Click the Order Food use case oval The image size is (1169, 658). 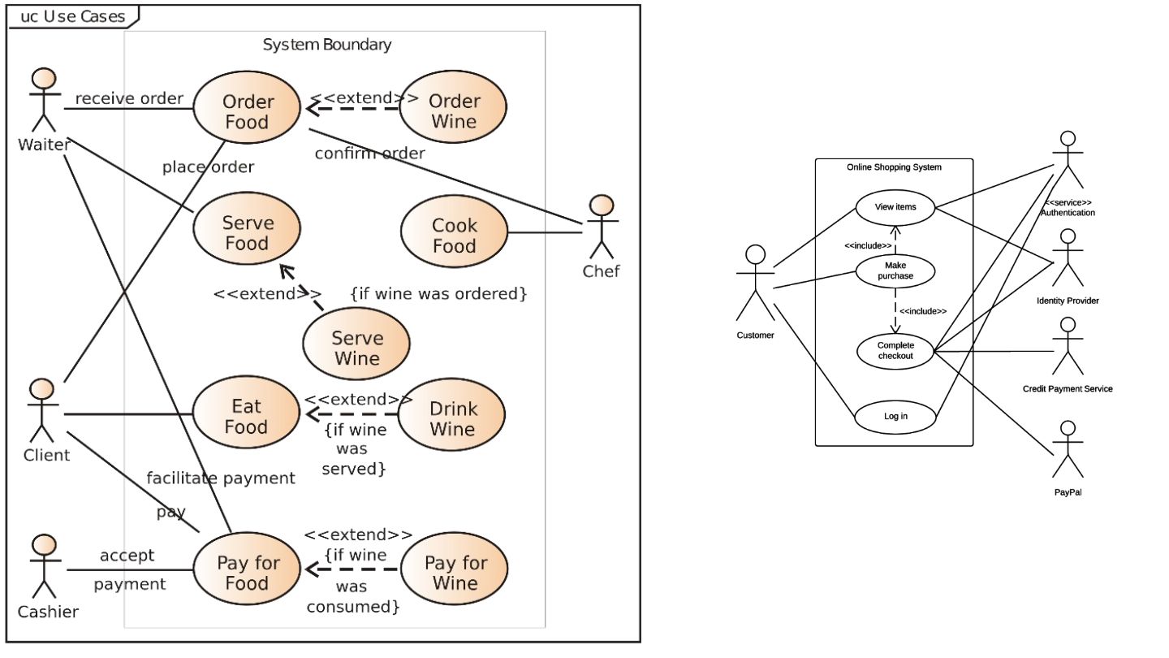tap(247, 107)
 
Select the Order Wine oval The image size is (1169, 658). tap(453, 107)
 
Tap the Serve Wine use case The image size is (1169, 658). tap(356, 344)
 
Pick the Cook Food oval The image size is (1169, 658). tap(454, 232)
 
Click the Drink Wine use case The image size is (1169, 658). tap(452, 414)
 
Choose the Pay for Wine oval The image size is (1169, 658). tap(455, 569)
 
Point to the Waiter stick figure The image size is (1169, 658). tap(45, 100)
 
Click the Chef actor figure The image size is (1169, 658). tap(602, 227)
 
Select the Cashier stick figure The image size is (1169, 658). tap(45, 567)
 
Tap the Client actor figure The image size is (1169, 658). tap(42, 411)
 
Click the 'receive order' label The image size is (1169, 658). tap(129, 98)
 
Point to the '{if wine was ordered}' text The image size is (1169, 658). tap(438, 293)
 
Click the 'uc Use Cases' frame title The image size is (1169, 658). tap(72, 17)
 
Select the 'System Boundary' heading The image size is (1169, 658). tap(326, 45)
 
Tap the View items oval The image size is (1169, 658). tap(895, 207)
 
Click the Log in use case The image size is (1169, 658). tap(895, 417)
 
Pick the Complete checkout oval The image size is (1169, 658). tap(895, 351)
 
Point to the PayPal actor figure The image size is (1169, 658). tap(1068, 449)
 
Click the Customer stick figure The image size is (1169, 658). tap(755, 283)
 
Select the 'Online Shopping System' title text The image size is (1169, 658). tap(894, 167)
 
